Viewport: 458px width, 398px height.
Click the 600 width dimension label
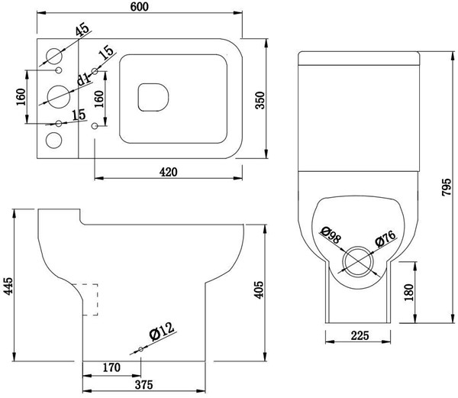pos(140,6)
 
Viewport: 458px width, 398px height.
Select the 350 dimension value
pos(260,100)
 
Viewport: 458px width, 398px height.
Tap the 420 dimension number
pos(169,172)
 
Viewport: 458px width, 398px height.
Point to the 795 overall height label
pos(446,187)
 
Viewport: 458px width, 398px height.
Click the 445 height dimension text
pos(8,286)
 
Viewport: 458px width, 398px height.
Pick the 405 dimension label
pos(259,290)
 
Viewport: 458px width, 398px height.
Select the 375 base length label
pos(144,385)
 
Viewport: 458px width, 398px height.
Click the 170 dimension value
pos(111,367)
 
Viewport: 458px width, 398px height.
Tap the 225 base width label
pos(360,336)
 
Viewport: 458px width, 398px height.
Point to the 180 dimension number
pos(409,293)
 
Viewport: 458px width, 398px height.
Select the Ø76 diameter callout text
pos(385,238)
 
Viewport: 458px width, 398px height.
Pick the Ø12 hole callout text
pos(162,332)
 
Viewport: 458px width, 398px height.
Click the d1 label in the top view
pos(83,79)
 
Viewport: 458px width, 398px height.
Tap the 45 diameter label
pos(82,30)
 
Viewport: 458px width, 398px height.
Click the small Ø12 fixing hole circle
pos(140,349)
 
